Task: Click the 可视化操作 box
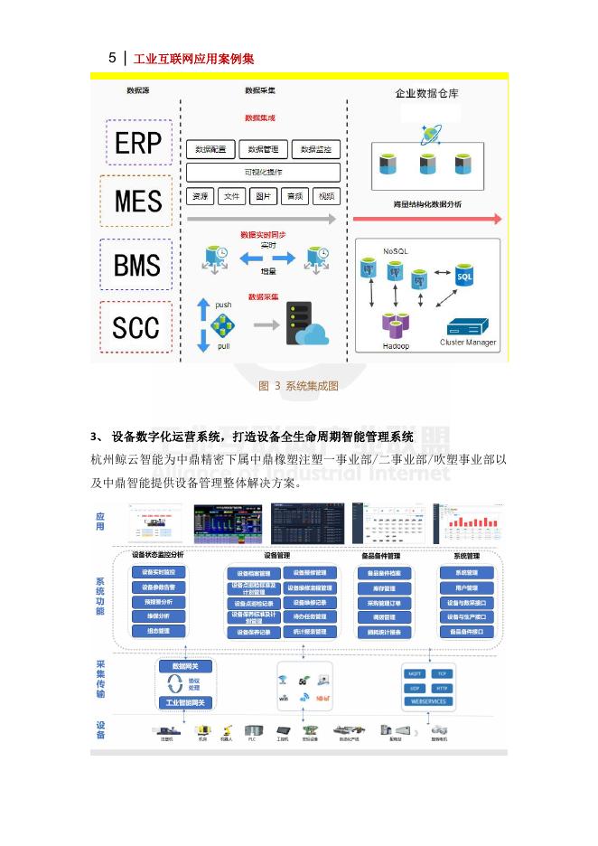tap(263, 173)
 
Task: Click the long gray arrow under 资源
tap(261, 219)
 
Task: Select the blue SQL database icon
tap(464, 275)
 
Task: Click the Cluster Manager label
tap(468, 343)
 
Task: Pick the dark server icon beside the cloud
tap(299, 323)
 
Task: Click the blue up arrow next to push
tap(203, 306)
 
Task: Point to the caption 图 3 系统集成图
tap(298, 386)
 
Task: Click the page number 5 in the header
tap(112, 59)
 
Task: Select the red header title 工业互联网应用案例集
tap(193, 59)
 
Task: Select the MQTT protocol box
tap(416, 673)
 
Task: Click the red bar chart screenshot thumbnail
tap(465, 522)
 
